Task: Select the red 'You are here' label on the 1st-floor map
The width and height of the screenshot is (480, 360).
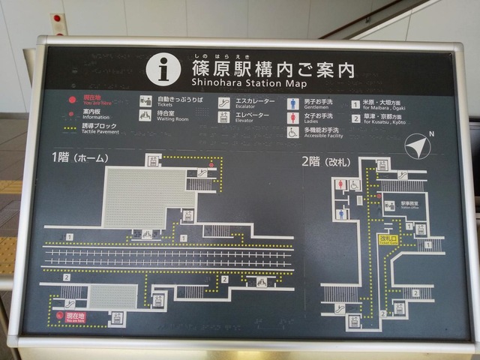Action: click(x=76, y=317)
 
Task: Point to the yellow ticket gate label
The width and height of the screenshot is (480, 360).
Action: click(x=389, y=240)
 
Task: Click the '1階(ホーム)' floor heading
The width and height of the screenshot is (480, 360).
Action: click(x=80, y=158)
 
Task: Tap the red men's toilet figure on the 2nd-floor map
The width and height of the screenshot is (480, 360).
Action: click(x=340, y=185)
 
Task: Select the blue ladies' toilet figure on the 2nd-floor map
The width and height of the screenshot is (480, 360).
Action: click(x=341, y=214)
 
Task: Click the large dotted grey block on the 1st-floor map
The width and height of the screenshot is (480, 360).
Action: click(x=145, y=196)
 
